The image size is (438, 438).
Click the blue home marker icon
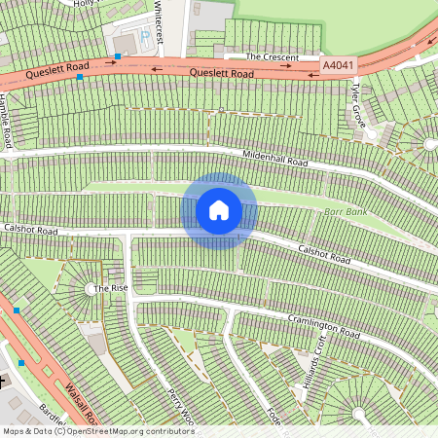tap(219, 210)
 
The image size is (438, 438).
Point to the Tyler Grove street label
tap(358, 104)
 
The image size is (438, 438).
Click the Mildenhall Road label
tap(274, 160)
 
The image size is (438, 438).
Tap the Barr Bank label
tap(345, 211)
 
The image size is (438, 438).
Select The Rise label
tap(110, 288)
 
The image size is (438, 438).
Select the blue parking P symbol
tap(146, 37)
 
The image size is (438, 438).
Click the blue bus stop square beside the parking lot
tap(117, 57)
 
